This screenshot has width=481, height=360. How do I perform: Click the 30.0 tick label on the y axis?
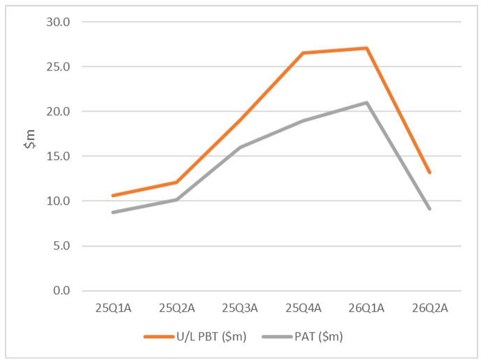pos(58,22)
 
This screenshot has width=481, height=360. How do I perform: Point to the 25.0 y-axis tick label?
pos(58,66)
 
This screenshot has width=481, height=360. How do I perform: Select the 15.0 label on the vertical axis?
pos(58,156)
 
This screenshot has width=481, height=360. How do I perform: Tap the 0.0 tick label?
pos(62,290)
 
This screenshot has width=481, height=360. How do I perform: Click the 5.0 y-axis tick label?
pos(62,245)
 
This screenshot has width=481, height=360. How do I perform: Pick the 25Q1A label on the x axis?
pos(113,308)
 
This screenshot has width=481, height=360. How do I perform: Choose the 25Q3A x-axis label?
pos(240,308)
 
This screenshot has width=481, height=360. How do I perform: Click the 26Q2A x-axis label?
pos(430,308)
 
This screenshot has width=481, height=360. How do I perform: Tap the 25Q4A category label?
pos(303,308)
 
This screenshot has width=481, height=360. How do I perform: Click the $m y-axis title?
pos(30,139)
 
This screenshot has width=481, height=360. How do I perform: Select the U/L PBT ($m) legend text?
pos(211,336)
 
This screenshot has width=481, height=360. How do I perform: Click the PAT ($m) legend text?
pos(318,336)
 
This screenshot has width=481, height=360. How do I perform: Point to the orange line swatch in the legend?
pos(159,337)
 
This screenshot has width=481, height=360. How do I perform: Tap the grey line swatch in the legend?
pos(277,337)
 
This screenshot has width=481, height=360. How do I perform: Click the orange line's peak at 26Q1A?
pos(366,48)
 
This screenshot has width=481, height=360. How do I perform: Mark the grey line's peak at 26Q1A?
pos(366,103)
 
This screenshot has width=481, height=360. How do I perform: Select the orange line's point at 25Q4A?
pos(303,53)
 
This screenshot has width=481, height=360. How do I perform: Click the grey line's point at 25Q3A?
pos(240,147)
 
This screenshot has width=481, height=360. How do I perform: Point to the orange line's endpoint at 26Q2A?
pos(430,173)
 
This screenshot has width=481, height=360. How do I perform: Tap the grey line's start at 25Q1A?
pos(113,213)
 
